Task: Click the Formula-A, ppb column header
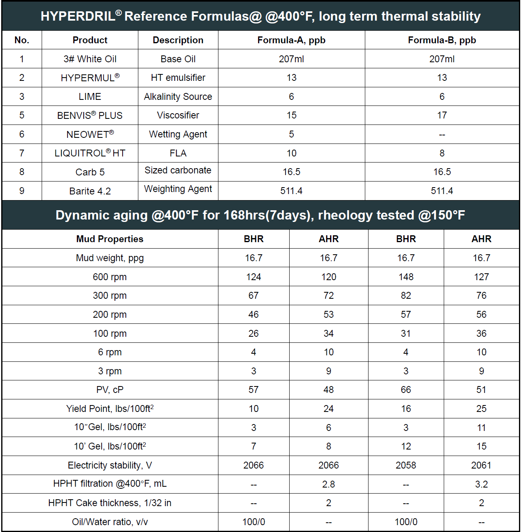[291, 40]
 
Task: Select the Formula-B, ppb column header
[442, 40]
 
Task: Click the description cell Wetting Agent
[178, 134]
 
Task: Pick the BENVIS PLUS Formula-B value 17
[442, 115]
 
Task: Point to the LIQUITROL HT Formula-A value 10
[291, 153]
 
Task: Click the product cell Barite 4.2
[90, 191]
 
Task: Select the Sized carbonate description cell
[178, 170]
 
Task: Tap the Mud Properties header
[110, 239]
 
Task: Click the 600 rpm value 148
[406, 277]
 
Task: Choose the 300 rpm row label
[110, 296]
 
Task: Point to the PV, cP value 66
[406, 390]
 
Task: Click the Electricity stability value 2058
[406, 465]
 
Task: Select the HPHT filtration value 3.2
[481, 484]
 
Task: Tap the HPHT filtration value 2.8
[328, 484]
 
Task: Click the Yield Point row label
[110, 409]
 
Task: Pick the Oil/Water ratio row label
[110, 522]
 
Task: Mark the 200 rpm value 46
[254, 315]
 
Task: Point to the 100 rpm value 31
[406, 334]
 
